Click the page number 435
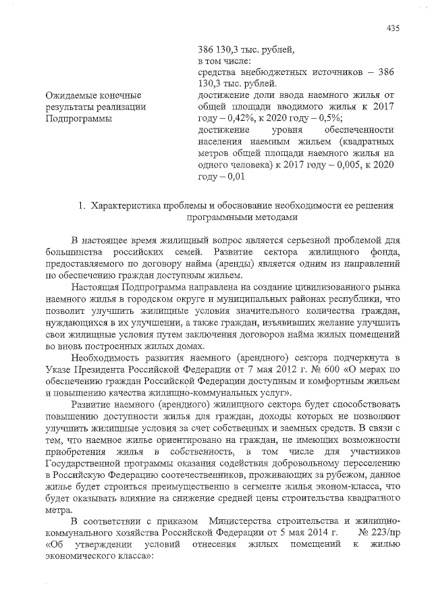(394, 28)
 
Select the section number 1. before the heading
(81, 205)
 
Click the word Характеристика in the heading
(129, 205)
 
